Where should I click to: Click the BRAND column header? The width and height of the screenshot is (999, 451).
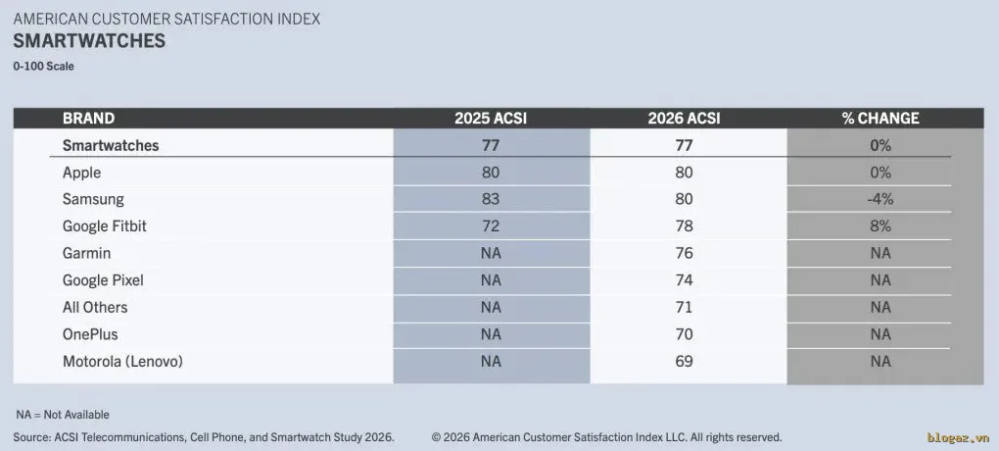click(88, 118)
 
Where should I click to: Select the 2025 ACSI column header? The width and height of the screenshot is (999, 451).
click(491, 118)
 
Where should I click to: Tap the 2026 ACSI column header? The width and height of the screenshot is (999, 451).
click(684, 118)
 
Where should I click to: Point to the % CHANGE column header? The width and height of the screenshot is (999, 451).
click(880, 118)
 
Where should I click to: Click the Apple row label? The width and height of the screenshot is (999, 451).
click(81, 173)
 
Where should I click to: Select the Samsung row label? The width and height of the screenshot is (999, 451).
click(93, 199)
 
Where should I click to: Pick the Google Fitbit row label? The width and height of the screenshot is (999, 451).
click(105, 225)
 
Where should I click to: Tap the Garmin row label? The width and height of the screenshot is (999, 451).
click(86, 253)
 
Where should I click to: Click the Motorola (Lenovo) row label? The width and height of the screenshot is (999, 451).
click(123, 361)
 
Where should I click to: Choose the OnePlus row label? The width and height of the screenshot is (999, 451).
click(90, 334)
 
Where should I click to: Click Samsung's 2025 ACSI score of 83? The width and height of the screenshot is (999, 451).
click(491, 199)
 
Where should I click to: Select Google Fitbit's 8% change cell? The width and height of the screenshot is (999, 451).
click(880, 225)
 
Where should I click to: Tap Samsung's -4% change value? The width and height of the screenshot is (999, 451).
click(880, 199)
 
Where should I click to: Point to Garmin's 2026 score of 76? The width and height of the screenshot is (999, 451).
click(684, 253)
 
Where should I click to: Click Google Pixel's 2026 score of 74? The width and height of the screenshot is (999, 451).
click(684, 280)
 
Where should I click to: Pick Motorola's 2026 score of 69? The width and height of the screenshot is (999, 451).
click(684, 361)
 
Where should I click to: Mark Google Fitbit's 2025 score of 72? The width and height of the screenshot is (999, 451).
click(491, 225)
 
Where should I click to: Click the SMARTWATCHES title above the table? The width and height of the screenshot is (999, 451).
click(89, 41)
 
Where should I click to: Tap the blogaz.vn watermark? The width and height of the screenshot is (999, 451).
click(958, 437)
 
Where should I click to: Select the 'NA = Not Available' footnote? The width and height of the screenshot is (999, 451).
click(63, 415)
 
